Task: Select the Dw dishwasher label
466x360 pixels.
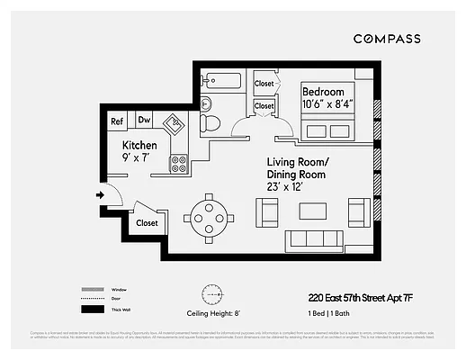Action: pos(144,121)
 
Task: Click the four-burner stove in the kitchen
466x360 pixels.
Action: pos(178,164)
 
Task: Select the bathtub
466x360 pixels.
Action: pos(221,80)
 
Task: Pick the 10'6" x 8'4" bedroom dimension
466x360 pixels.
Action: pos(328,104)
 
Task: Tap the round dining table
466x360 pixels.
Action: pos(210,216)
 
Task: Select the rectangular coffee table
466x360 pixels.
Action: pos(314,211)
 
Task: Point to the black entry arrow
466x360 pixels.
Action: pos(97,193)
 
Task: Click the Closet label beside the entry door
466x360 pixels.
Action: pos(147,222)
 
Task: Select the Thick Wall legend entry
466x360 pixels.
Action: pos(118,310)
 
